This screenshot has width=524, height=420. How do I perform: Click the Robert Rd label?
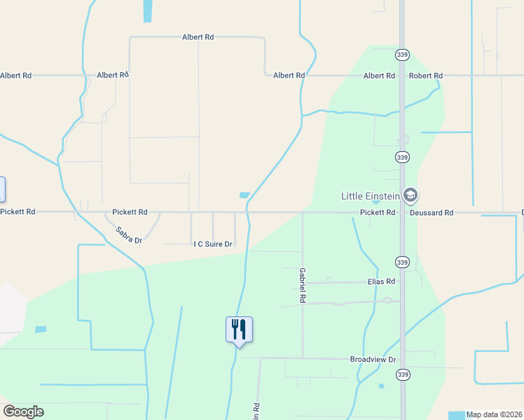point(426,76)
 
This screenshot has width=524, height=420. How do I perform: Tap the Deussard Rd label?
point(432,212)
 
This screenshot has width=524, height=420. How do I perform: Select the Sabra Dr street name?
point(129,234)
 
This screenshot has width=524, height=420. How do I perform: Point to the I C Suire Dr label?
point(213,244)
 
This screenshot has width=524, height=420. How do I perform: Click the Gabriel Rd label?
point(303,284)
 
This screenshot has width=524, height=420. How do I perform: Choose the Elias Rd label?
point(382,281)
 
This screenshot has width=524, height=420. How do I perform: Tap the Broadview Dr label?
point(373,359)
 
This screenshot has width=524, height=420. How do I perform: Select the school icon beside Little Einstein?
point(412,195)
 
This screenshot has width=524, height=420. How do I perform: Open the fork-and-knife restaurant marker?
point(239,329)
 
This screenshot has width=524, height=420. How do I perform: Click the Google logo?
point(23,412)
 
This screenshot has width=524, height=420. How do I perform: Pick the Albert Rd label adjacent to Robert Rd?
point(379,76)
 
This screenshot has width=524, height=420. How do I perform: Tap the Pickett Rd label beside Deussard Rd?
point(378,212)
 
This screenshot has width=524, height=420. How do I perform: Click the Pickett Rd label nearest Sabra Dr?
point(130,211)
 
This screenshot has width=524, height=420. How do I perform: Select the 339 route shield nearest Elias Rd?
point(401,262)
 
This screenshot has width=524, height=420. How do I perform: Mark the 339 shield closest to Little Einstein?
point(401,157)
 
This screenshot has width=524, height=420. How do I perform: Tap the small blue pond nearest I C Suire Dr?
point(244,195)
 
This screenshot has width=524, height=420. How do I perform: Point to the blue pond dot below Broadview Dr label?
point(381,386)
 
